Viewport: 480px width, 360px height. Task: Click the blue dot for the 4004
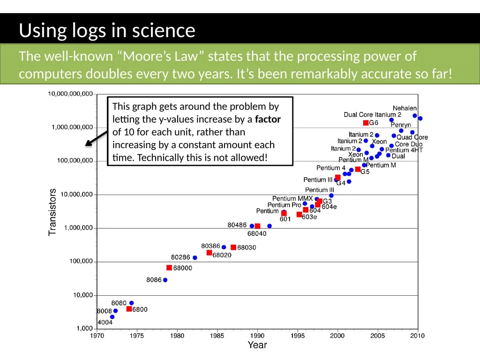[x=112, y=317]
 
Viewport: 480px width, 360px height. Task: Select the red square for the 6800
[x=129, y=309]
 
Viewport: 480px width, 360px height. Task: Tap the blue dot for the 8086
[x=165, y=280]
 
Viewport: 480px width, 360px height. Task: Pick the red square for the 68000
[x=169, y=268]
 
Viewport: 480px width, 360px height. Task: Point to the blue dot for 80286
[x=195, y=257]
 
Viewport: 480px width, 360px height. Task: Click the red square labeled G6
[x=366, y=123]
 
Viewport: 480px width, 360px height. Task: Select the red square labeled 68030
[x=233, y=247]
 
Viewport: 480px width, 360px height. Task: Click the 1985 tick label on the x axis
[x=217, y=336]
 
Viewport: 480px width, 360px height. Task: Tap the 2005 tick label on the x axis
[x=377, y=336]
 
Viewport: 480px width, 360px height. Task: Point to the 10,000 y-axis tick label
[x=82, y=295]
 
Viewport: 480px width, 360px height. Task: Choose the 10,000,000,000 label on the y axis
[x=70, y=94]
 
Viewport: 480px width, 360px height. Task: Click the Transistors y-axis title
[x=52, y=212]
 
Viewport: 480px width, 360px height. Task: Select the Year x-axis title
[x=257, y=345]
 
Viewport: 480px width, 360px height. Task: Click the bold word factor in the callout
[x=268, y=119]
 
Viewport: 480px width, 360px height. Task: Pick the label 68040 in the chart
[x=257, y=233]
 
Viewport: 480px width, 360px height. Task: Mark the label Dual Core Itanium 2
[x=372, y=114]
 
